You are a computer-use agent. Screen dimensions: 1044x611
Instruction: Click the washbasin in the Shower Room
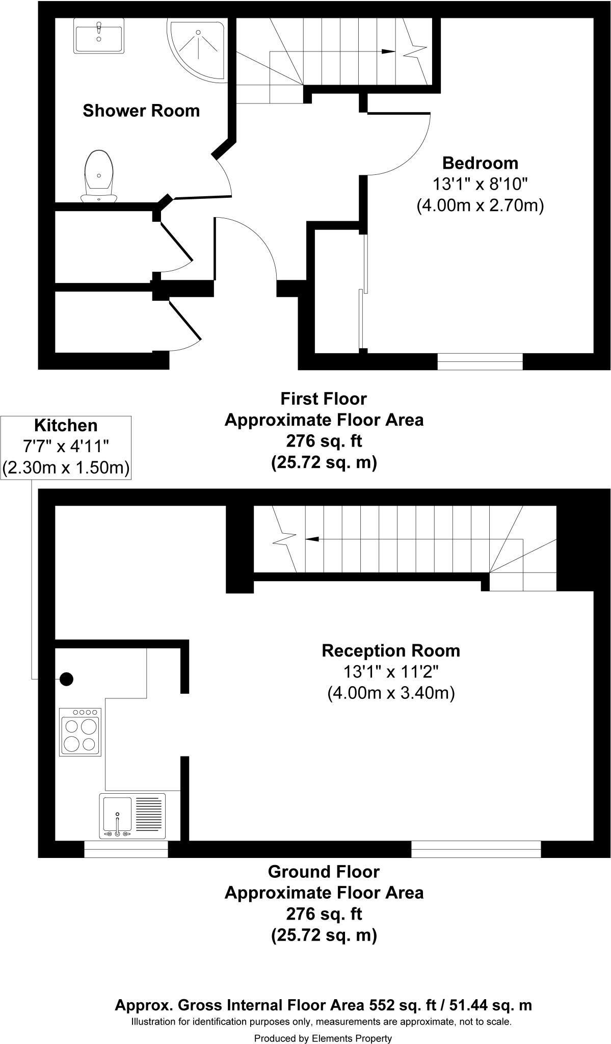pyautogui.click(x=99, y=35)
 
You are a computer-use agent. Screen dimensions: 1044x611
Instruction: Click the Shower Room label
pyautogui.click(x=141, y=111)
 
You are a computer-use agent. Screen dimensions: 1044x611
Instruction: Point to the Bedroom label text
pyautogui.click(x=480, y=163)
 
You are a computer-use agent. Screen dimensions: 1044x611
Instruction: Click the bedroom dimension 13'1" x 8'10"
pyautogui.click(x=480, y=184)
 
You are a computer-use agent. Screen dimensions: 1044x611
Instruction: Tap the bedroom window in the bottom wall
pyautogui.click(x=480, y=361)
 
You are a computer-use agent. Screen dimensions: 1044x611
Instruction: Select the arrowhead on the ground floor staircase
pyautogui.click(x=312, y=539)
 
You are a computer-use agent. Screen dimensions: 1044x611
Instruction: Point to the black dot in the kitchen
pyautogui.click(x=66, y=679)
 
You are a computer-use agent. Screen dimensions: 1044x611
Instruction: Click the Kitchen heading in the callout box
pyautogui.click(x=66, y=425)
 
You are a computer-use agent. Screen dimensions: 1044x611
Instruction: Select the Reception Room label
pyautogui.click(x=391, y=651)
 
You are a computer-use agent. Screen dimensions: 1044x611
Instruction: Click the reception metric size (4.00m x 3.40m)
pyautogui.click(x=391, y=693)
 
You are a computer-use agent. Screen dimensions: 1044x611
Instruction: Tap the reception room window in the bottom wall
pyautogui.click(x=476, y=849)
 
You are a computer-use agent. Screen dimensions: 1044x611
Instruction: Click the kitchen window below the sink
pyautogui.click(x=126, y=849)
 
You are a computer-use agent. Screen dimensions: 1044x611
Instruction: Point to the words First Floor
pyautogui.click(x=324, y=398)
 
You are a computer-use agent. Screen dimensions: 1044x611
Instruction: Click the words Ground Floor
pyautogui.click(x=324, y=872)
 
